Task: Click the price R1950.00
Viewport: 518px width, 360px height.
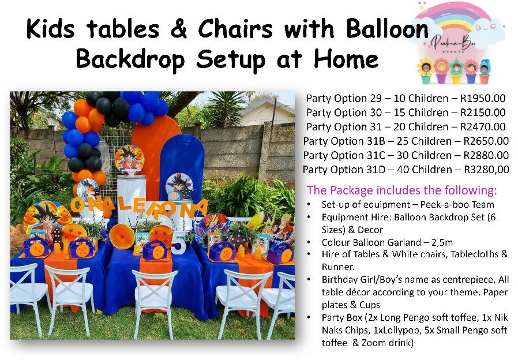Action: point(483,99)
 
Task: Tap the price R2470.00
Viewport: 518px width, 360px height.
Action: point(483,127)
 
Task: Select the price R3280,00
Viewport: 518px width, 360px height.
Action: point(487,170)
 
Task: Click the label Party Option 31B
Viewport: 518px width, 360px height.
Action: point(344,141)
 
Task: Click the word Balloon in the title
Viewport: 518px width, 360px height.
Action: point(387,29)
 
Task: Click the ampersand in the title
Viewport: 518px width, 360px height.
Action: point(179,29)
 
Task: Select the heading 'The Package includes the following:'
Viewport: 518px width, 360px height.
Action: point(401,190)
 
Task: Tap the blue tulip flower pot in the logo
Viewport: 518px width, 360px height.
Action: point(485,72)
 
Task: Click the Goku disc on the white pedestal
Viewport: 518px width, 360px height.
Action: point(129,159)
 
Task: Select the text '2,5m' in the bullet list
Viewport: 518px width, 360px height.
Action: point(442,243)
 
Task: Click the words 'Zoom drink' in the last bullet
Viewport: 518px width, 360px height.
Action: point(385,343)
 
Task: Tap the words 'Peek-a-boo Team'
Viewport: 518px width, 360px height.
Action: point(457,204)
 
